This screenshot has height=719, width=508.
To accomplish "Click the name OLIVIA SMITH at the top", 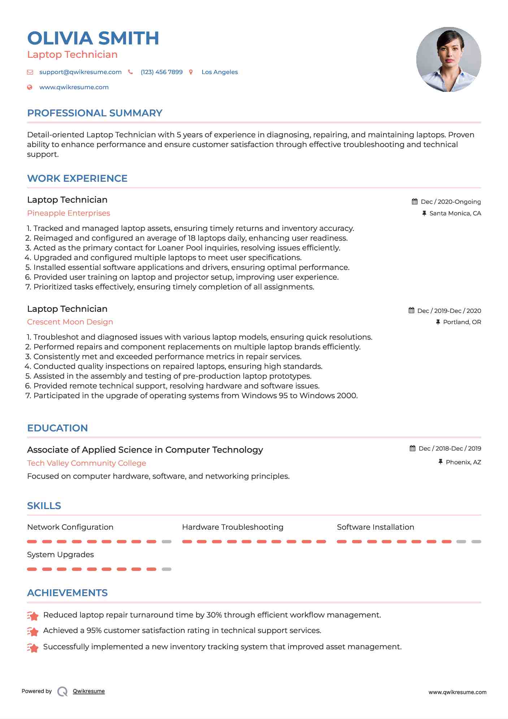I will click(93, 38).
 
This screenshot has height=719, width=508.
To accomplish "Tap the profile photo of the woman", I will click(448, 59).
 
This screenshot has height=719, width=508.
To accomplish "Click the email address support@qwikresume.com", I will click(80, 72).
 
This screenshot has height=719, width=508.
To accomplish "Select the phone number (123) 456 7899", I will click(161, 72).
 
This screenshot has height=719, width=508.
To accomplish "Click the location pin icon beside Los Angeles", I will click(191, 72).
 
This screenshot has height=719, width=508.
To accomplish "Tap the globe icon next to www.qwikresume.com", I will click(30, 87).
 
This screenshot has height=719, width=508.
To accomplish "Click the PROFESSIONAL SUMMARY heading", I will click(95, 113).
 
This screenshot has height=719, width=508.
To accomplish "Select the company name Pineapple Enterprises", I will click(69, 213).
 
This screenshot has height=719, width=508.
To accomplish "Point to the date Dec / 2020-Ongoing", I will click(451, 202).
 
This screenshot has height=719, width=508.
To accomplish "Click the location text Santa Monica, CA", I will click(455, 213).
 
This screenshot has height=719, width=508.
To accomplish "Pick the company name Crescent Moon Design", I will click(70, 322).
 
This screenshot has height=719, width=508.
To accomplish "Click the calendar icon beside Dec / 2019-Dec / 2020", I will click(411, 310).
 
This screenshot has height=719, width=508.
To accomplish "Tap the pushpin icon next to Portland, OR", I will click(438, 322).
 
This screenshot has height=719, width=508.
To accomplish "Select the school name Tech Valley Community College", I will click(87, 463).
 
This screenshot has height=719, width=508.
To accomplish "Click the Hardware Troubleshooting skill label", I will click(233, 527).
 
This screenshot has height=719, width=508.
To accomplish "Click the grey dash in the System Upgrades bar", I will click(166, 569).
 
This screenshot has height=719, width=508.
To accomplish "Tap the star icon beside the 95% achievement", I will click(33, 631).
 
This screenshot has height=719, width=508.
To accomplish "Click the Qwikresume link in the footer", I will click(89, 691).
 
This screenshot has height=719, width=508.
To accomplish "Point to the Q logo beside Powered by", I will click(62, 691).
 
